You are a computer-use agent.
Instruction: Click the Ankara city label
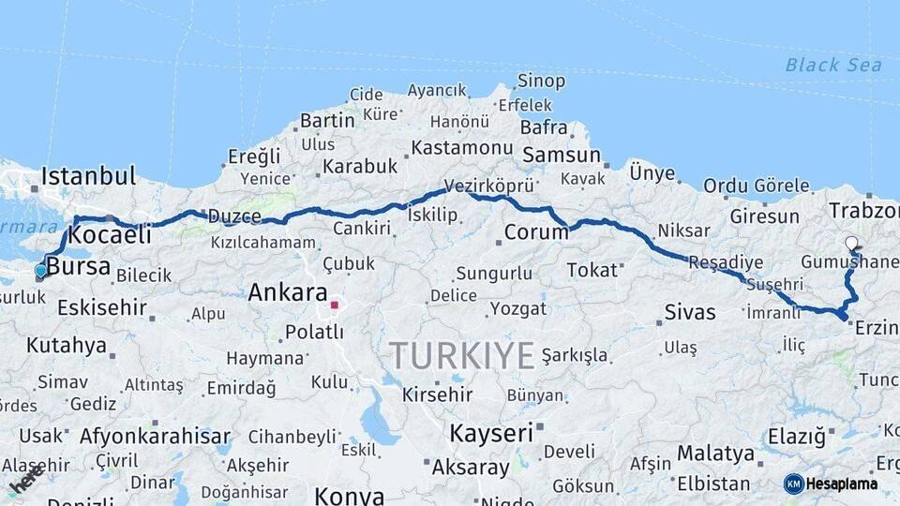tap(288, 293)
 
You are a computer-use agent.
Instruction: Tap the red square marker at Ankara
tap(335, 305)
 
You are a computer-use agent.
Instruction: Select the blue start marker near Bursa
tap(40, 271)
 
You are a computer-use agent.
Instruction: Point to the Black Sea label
tap(833, 65)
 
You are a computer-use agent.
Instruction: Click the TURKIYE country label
tap(462, 356)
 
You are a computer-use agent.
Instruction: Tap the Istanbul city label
tap(89, 176)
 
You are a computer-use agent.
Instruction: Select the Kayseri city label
tap(491, 433)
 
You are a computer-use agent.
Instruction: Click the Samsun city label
tap(562, 155)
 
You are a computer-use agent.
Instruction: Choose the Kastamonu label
tap(462, 148)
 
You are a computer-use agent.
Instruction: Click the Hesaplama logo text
tap(841, 484)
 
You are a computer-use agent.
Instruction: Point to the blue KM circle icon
tap(794, 484)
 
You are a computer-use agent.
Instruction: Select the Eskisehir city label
tap(102, 307)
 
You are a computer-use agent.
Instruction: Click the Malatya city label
tap(715, 454)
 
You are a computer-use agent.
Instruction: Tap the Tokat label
tap(592, 270)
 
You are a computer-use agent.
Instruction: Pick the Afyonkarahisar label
tap(155, 436)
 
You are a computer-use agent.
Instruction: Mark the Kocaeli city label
tap(111, 234)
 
